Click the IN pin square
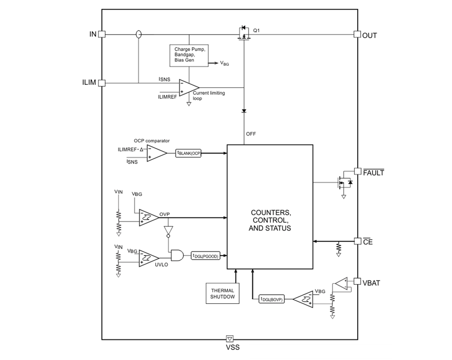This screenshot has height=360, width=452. [x=101, y=34]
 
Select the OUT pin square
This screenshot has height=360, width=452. [x=357, y=34]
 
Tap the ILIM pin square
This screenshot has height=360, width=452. [x=101, y=83]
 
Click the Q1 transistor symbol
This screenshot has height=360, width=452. [x=244, y=34]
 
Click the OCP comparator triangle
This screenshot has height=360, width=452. [x=156, y=154]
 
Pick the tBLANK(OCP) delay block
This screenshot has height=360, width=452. [x=188, y=154]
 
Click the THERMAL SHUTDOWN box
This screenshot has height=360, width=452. [x=222, y=293]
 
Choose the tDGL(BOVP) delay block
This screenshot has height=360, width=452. [x=272, y=299]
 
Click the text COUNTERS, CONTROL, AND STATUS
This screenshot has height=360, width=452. [x=270, y=220]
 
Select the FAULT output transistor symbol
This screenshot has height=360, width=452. [x=344, y=181]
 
